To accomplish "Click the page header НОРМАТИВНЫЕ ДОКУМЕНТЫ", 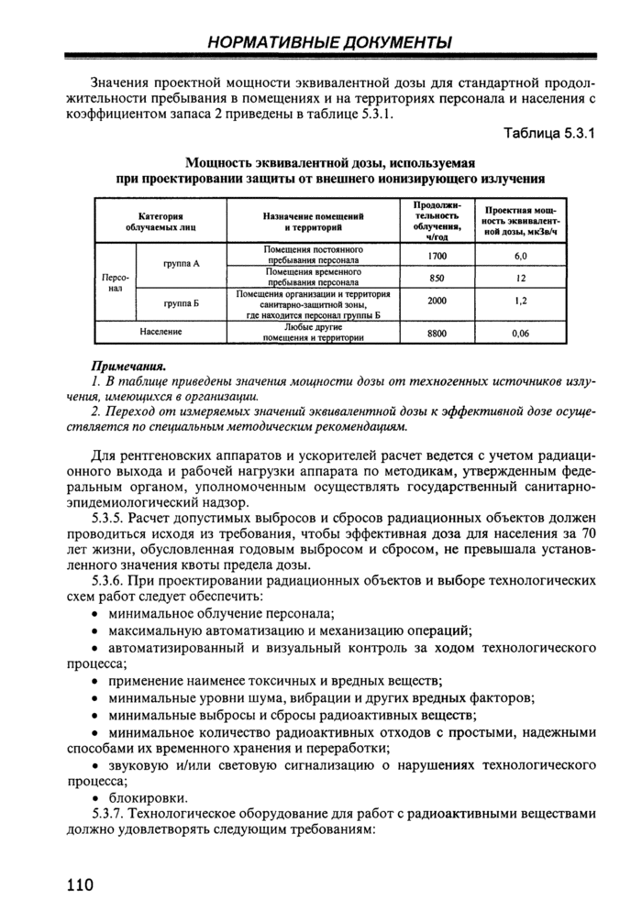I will [x=329, y=42].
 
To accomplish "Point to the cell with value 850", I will [x=437, y=277].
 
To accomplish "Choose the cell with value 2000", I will [x=437, y=300].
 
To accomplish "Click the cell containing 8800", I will [x=437, y=333].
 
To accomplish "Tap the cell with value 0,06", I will [x=520, y=333].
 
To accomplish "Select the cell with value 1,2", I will [x=520, y=300].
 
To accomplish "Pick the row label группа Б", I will [x=182, y=301].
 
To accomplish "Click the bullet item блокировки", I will [x=148, y=797].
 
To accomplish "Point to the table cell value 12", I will [x=520, y=277].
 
